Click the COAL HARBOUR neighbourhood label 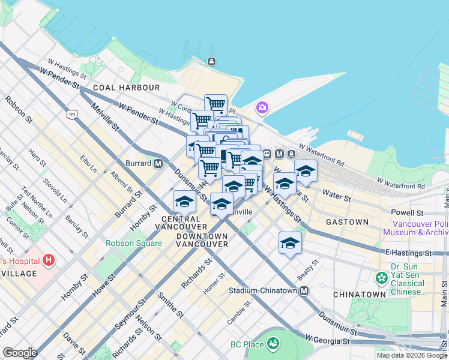click(x=127, y=88)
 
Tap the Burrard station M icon click(x=158, y=163)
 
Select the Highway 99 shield click(x=72, y=113)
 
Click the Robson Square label click(x=134, y=243)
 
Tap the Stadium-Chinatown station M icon click(x=304, y=291)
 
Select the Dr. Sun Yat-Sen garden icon click(x=381, y=278)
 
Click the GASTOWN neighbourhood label click(x=347, y=222)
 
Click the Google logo click(x=20, y=353)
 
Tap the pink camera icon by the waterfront click(x=262, y=108)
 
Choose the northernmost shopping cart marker click(x=215, y=105)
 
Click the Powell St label click(x=407, y=212)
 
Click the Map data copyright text click(x=412, y=355)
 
